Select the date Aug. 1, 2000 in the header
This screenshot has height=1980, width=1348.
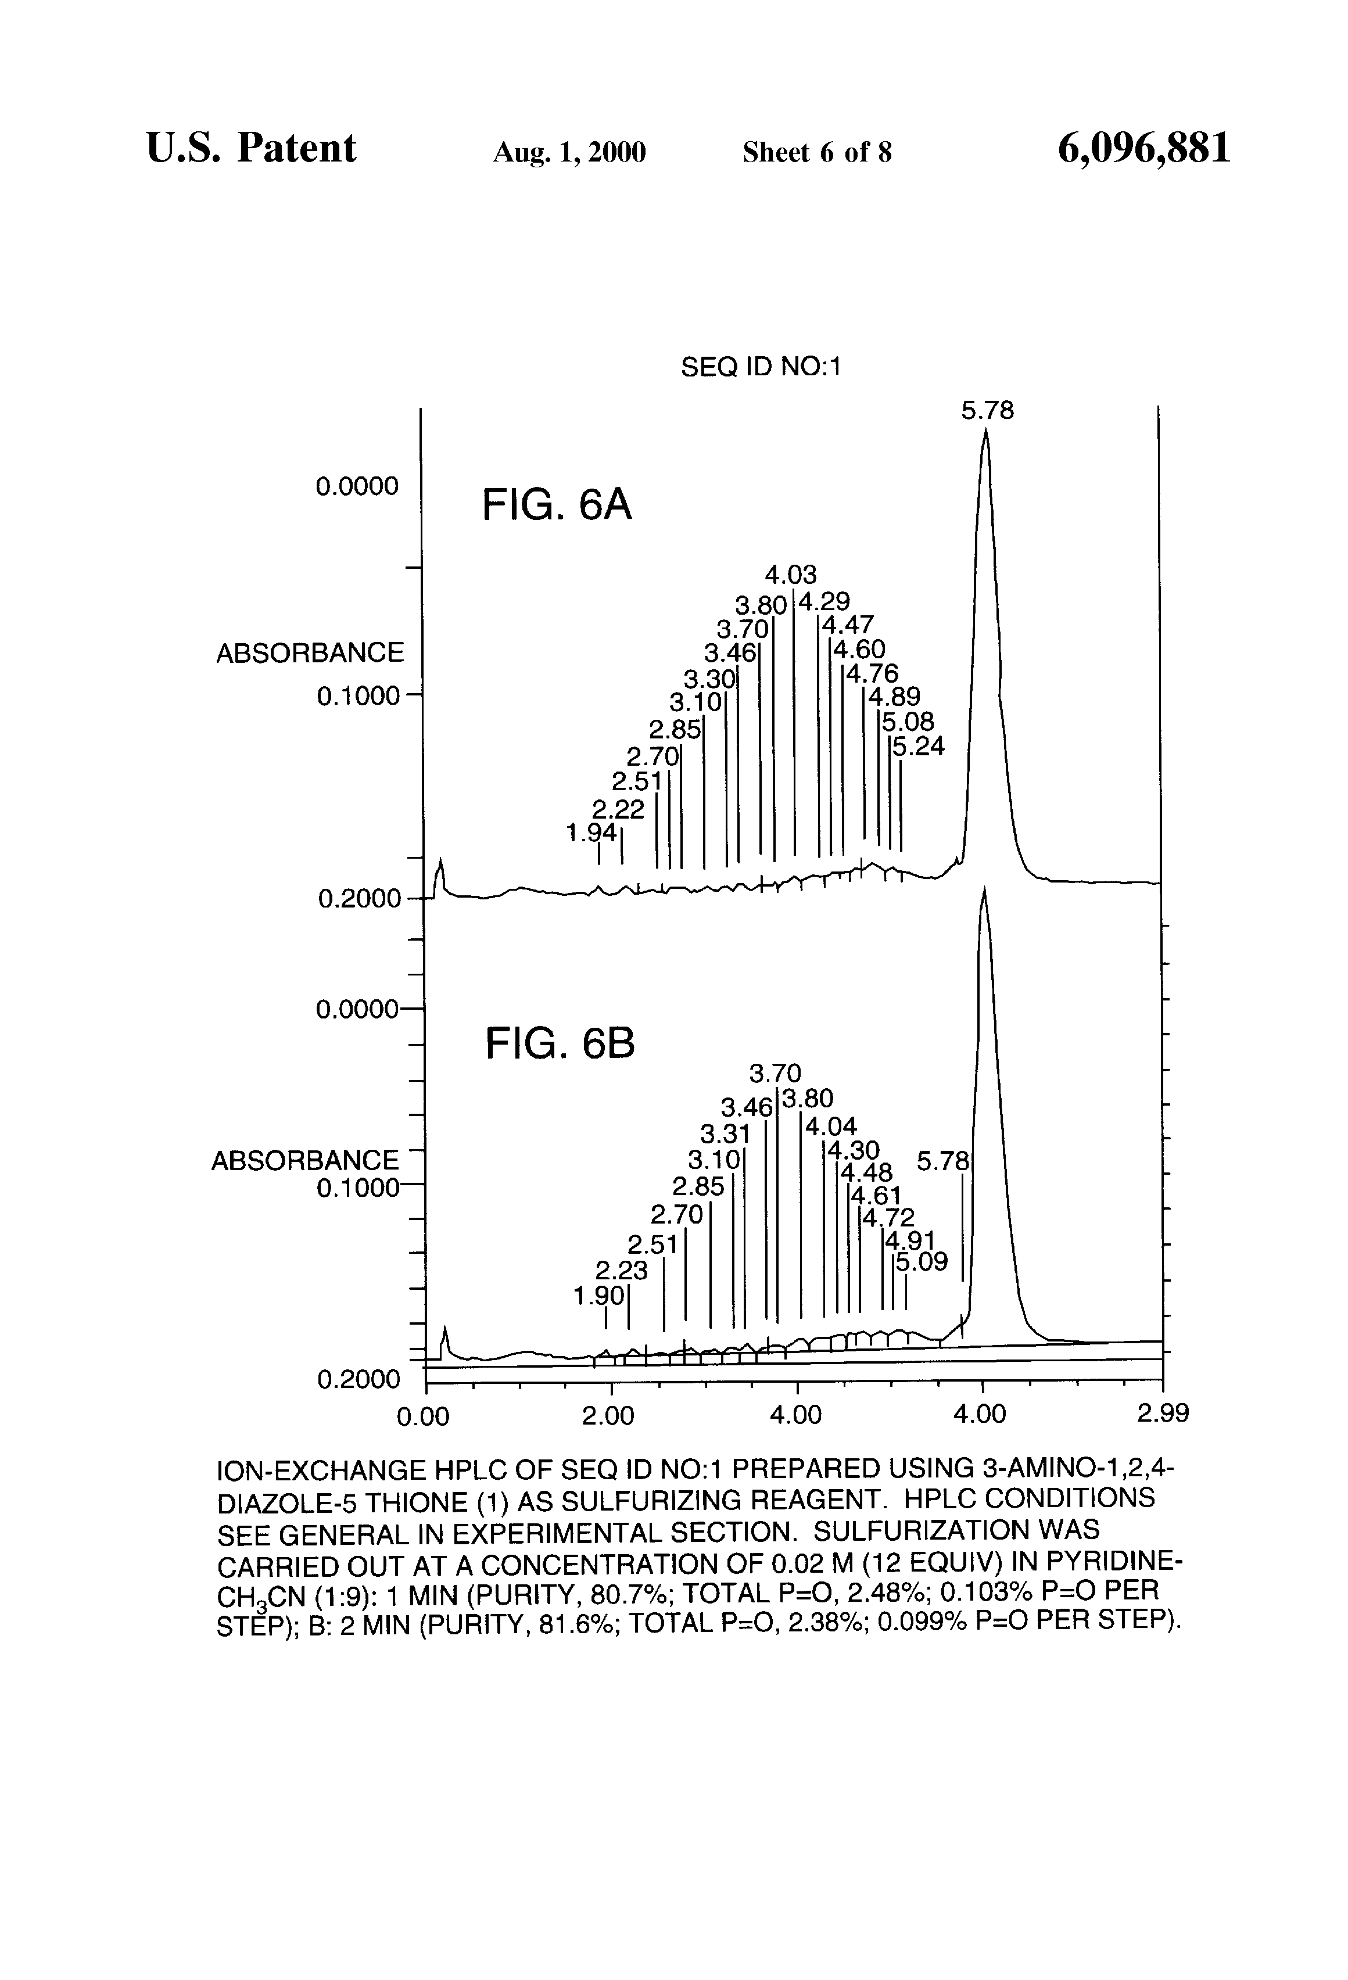(x=569, y=152)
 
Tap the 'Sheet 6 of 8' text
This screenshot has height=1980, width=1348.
(x=817, y=152)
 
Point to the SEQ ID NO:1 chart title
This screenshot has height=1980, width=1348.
(x=760, y=367)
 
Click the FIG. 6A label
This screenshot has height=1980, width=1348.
(x=557, y=505)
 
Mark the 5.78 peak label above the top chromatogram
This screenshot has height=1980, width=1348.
(x=988, y=411)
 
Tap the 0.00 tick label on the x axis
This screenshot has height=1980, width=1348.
(x=424, y=1416)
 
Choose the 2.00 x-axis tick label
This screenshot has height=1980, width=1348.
(x=608, y=1416)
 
